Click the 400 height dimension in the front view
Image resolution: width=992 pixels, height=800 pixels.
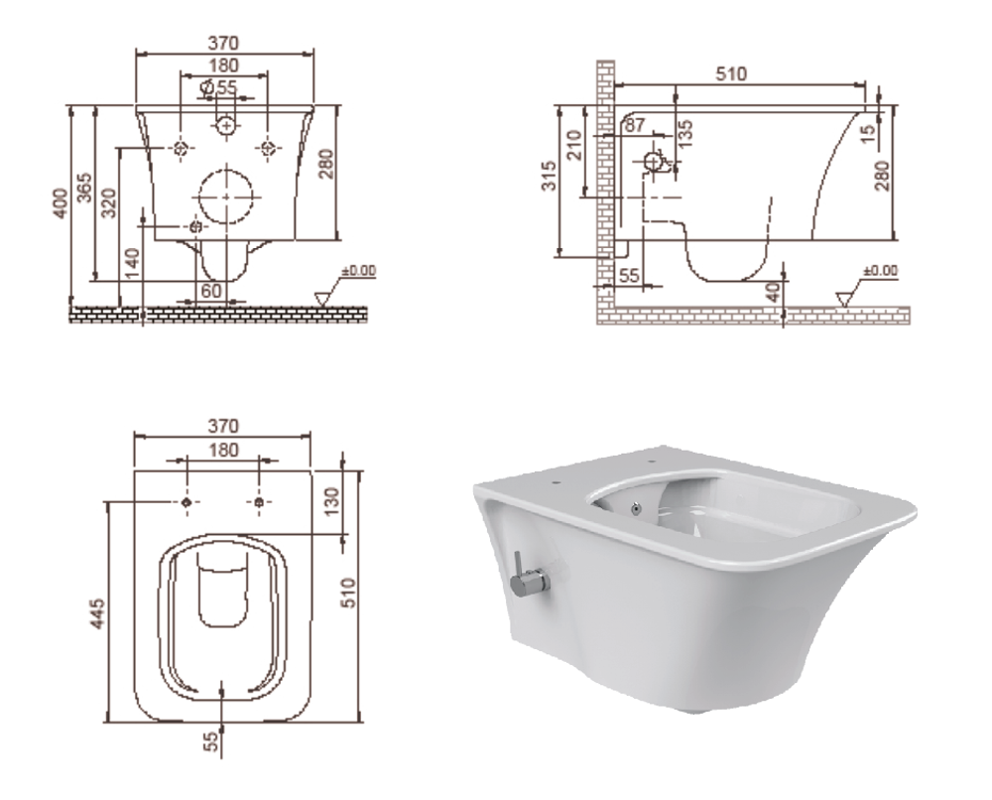[61, 203]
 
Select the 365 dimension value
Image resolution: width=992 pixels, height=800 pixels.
[84, 188]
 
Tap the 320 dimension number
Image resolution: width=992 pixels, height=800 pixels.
[109, 202]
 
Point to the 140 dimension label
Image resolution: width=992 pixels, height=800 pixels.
[132, 263]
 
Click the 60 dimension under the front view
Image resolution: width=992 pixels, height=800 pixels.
[210, 291]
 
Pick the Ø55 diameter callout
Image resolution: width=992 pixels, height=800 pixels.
[218, 87]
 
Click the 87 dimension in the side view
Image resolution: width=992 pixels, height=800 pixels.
[635, 125]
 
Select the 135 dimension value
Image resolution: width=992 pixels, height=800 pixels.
[685, 134]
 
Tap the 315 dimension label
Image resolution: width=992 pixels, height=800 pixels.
[550, 176]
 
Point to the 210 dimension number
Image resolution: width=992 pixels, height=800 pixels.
[574, 145]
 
